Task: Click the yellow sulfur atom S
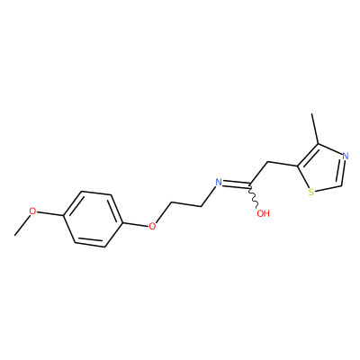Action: pyautogui.click(x=311, y=192)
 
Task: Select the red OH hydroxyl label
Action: pyautogui.click(x=264, y=213)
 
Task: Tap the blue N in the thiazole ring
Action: pyautogui.click(x=346, y=156)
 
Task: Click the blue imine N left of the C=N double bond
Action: pyautogui.click(x=219, y=182)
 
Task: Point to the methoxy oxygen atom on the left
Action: pyautogui.click(x=32, y=211)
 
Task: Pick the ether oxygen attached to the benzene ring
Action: pyautogui.click(x=152, y=226)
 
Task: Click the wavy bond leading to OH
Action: pyautogui.click(x=254, y=196)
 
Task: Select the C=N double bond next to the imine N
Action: pyautogui.click(x=237, y=184)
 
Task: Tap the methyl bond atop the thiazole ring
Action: pyautogui.click(x=315, y=129)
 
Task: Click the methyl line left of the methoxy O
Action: pyautogui.click(x=22, y=225)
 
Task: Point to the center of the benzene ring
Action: pyautogui.click(x=93, y=219)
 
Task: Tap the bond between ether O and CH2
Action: pyautogui.click(x=163, y=214)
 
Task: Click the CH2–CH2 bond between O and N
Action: pyautogui.click(x=186, y=205)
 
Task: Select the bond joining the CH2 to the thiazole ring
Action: pyautogui.click(x=282, y=164)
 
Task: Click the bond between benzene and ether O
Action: pyautogui.click(x=136, y=224)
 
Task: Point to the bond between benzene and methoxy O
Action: pyautogui.click(x=49, y=213)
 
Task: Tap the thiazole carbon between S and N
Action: pyautogui.click(x=342, y=186)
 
